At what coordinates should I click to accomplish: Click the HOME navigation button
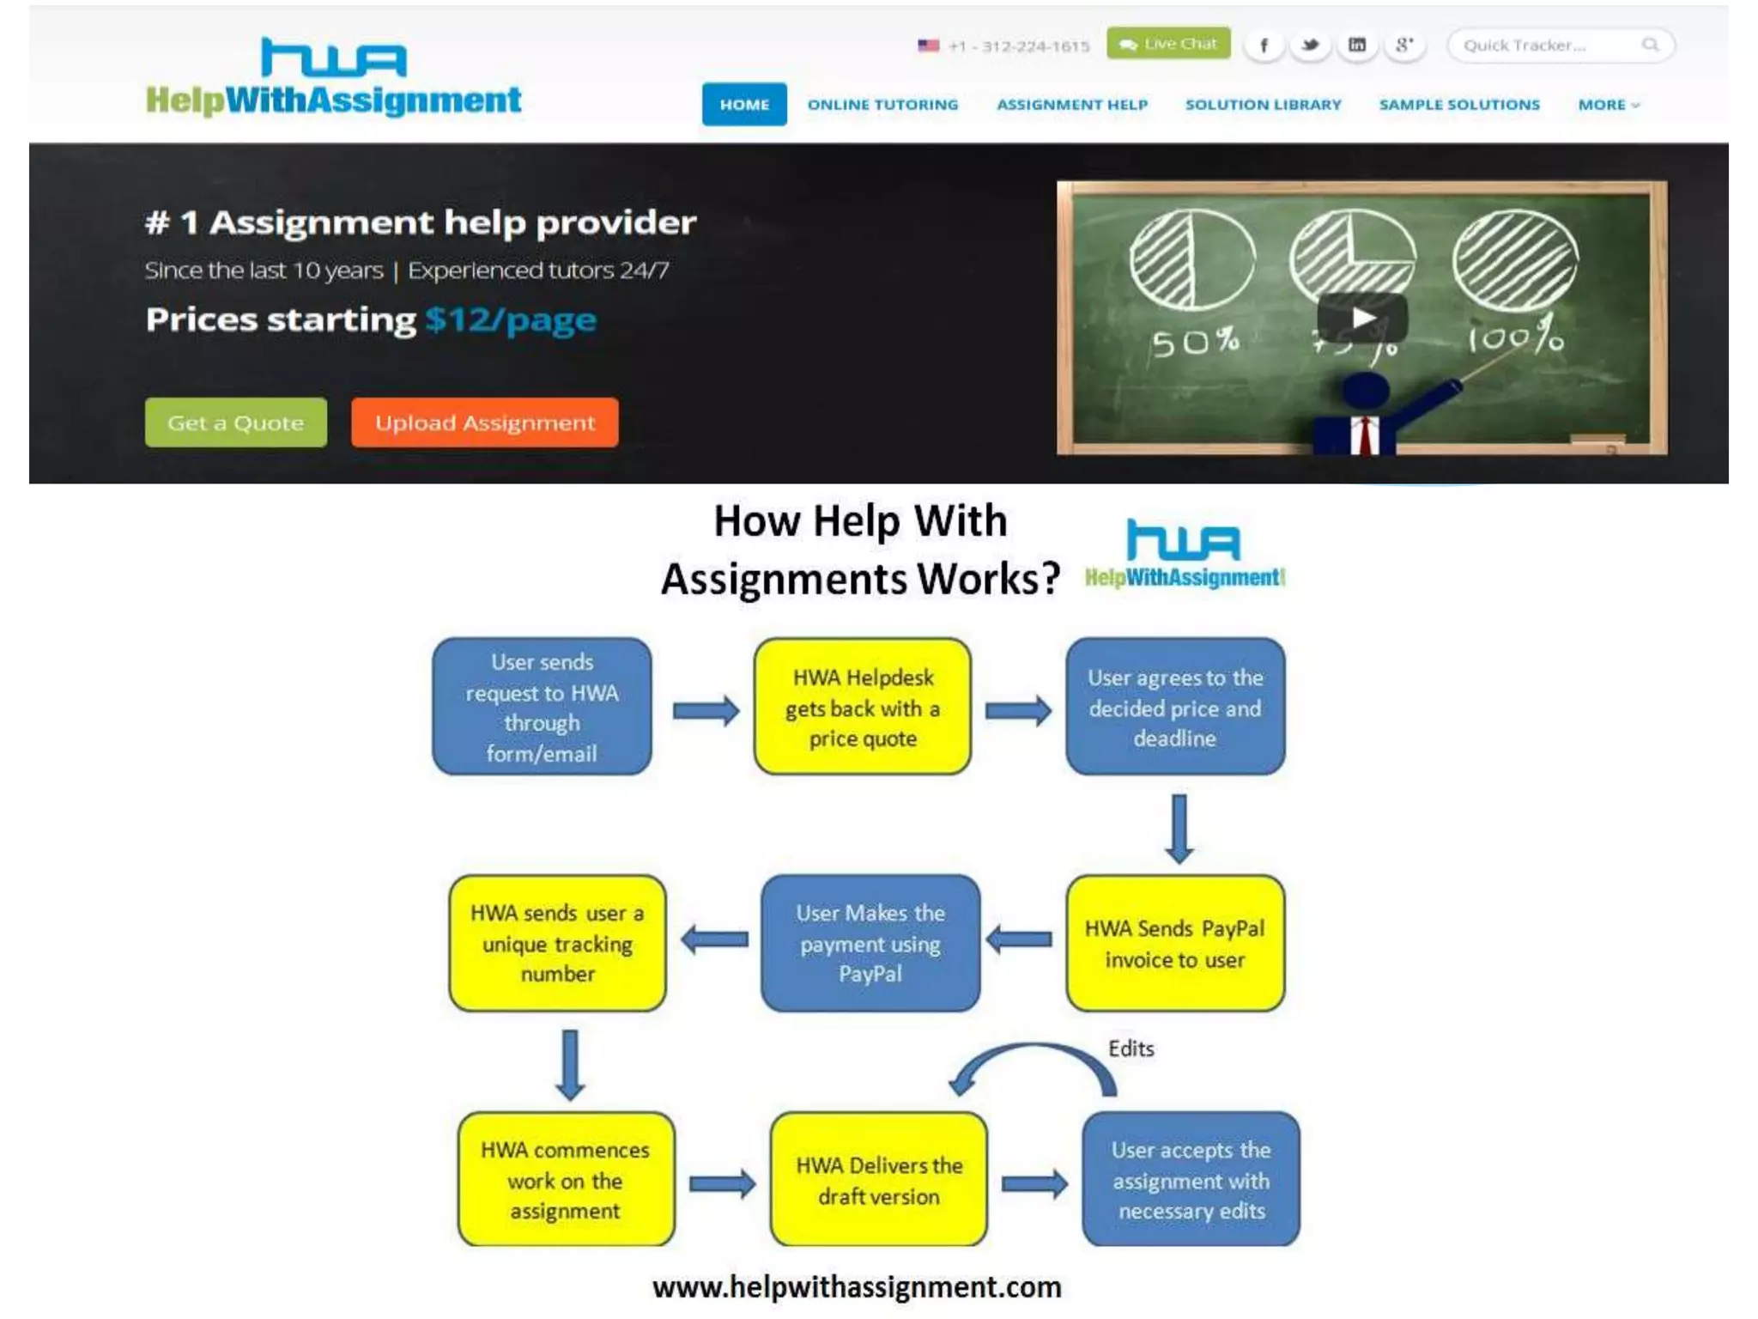pos(743,105)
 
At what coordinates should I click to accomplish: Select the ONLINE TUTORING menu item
pos(882,105)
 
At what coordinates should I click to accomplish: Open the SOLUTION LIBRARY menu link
pos(1263,105)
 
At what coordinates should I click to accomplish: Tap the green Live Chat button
pos(1167,44)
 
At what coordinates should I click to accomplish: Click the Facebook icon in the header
pos(1264,46)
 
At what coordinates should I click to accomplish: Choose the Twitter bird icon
pos(1310,46)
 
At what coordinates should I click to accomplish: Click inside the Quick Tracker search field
pos(1545,46)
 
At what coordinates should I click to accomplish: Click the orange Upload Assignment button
pos(484,422)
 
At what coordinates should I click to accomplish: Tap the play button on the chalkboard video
pos(1362,319)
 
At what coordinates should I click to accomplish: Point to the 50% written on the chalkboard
pos(1195,343)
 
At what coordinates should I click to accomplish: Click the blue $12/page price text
pos(511,320)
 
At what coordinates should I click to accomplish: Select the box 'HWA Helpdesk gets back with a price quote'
pos(862,707)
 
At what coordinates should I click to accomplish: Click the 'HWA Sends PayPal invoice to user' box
pos(1174,944)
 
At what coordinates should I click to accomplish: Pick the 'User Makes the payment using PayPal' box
pos(870,944)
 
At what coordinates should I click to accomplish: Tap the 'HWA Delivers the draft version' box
pos(878,1180)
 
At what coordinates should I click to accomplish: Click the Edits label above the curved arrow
pos(1131,1049)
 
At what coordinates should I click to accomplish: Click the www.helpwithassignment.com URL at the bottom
pos(857,1287)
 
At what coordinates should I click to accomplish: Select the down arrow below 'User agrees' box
pos(1179,828)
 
